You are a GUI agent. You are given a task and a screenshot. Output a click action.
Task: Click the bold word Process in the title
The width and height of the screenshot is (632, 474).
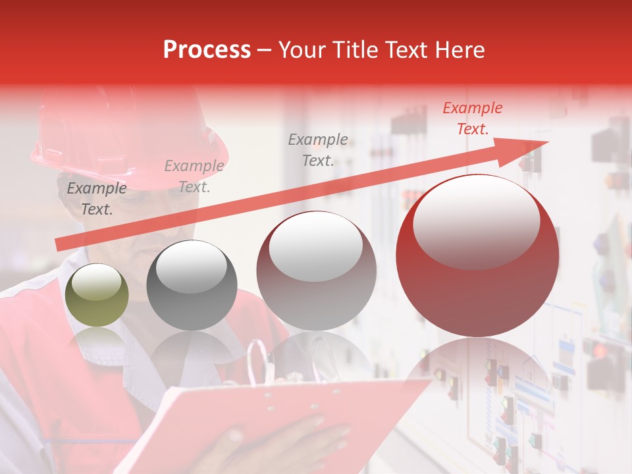(207, 50)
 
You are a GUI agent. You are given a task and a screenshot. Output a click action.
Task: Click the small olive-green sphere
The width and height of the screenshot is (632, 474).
(97, 295)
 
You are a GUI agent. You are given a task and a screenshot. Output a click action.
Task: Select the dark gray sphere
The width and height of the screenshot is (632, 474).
(192, 285)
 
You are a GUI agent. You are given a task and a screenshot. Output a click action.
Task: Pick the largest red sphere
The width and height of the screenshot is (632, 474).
(477, 255)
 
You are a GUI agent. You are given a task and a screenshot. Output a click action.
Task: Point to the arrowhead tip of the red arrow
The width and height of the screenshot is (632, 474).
(548, 142)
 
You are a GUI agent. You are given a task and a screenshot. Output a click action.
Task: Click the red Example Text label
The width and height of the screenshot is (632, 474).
(472, 118)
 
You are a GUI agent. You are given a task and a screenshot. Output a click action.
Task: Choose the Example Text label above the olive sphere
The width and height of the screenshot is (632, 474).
(97, 199)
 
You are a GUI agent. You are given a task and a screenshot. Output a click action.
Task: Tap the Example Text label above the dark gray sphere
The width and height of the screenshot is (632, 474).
(194, 176)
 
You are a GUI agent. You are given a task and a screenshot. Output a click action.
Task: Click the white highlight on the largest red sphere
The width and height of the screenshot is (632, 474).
(476, 221)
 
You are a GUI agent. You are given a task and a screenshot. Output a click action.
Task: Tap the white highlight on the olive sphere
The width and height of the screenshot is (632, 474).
(97, 284)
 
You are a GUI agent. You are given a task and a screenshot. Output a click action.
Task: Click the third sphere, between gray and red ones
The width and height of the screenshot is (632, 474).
(316, 270)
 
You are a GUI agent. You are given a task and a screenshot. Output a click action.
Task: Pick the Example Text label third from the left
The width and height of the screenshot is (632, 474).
(318, 150)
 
